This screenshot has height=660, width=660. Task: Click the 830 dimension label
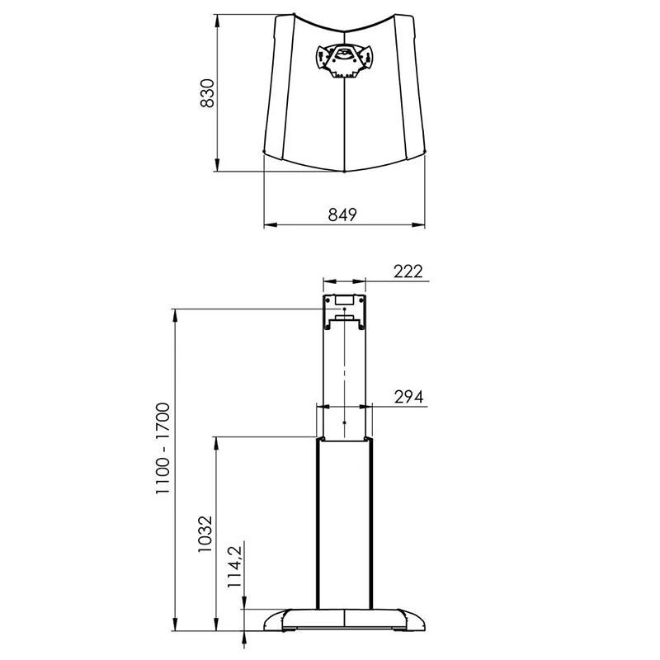click(x=208, y=93)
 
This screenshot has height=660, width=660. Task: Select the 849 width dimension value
click(x=342, y=214)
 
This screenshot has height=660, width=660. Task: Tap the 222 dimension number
click(x=408, y=271)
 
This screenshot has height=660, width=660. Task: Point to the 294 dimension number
click(x=408, y=397)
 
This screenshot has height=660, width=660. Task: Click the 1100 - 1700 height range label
click(x=163, y=448)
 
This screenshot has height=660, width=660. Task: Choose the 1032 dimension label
click(x=205, y=534)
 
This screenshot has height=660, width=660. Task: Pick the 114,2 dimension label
click(x=234, y=567)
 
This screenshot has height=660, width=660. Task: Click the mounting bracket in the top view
click(x=344, y=61)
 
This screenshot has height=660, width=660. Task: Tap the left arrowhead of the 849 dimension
click(x=270, y=224)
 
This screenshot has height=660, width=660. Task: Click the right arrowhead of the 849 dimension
click(x=419, y=224)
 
